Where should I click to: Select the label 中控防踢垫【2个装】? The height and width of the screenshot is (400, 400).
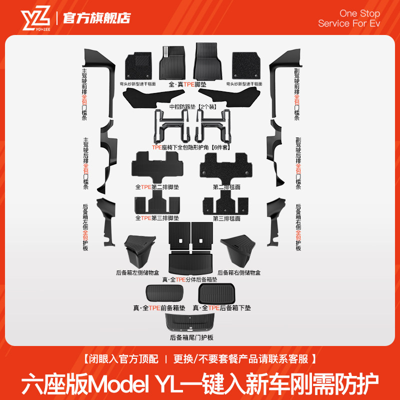coord(192,106)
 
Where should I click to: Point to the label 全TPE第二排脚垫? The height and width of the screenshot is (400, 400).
coord(150,187)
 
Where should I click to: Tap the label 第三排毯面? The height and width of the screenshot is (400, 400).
coord(226,218)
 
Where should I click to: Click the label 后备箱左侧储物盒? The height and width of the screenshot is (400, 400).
coord(137,273)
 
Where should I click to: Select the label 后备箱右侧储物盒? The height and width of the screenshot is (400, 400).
coord(239,273)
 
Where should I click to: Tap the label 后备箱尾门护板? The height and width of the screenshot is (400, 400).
coord(191,338)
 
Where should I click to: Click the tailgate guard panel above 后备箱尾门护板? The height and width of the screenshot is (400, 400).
coord(191,322)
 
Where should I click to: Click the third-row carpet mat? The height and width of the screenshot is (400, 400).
coord(225,204)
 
